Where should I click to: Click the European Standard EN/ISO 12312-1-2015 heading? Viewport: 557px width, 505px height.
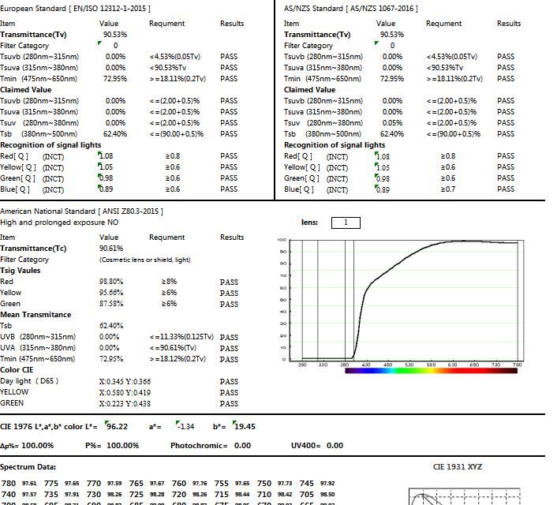pyautogui.click(x=75, y=8)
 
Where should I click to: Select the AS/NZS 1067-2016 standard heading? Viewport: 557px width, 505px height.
pyautogui.click(x=351, y=8)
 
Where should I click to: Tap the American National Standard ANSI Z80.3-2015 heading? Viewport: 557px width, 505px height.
pyautogui.click(x=81, y=211)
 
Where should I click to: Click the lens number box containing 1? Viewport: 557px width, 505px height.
pyautogui.click(x=346, y=223)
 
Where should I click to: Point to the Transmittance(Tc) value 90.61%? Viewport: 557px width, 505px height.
pyautogui.click(x=111, y=249)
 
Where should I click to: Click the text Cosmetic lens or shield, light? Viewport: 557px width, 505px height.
pyautogui.click(x=145, y=260)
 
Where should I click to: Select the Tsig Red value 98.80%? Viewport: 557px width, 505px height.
pyautogui.click(x=111, y=282)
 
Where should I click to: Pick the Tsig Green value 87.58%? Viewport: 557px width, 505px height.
pyautogui.click(x=111, y=304)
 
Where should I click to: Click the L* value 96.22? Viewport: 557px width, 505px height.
pyautogui.click(x=118, y=426)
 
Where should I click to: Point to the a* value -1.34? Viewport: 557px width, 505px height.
pyautogui.click(x=186, y=426)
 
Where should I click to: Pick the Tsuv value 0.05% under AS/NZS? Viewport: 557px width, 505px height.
pyautogui.click(x=392, y=123)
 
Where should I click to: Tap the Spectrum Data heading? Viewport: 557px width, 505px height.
pyautogui.click(x=28, y=467)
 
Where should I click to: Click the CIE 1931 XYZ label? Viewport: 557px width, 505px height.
pyautogui.click(x=458, y=466)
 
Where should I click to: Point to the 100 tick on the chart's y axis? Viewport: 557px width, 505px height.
pyautogui.click(x=282, y=240)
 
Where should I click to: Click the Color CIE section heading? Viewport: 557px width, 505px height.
pyautogui.click(x=17, y=370)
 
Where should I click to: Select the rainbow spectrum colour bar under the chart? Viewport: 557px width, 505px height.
pyautogui.click(x=432, y=369)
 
